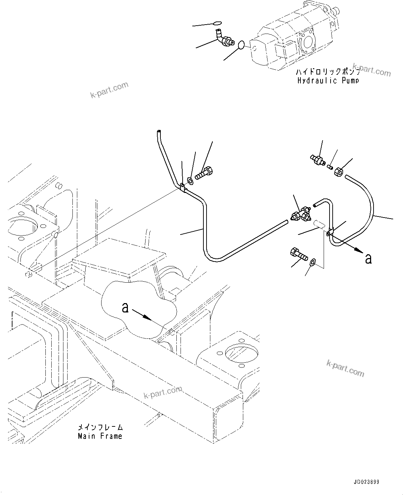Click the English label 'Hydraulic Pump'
click(328, 81)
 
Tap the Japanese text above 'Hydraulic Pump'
click(328, 73)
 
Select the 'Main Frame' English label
click(100, 436)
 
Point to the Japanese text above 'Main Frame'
click(100, 428)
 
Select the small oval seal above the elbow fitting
click(217, 23)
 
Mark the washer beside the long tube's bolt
click(190, 180)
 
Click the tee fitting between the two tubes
click(301, 214)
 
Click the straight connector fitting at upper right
click(318, 159)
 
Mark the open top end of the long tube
click(158, 132)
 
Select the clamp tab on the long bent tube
click(182, 187)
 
